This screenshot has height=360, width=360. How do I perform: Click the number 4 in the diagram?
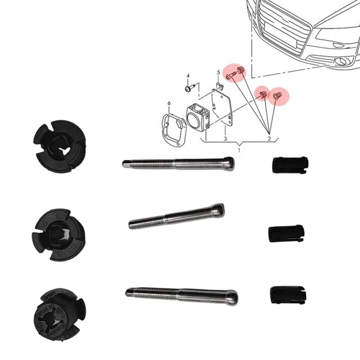(x=188, y=76)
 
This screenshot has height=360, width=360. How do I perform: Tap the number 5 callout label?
(x=219, y=73)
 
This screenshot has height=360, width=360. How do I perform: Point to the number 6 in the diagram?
(x=169, y=103)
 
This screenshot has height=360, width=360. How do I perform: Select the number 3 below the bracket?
(x=226, y=139)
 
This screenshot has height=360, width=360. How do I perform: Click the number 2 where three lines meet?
(x=269, y=138)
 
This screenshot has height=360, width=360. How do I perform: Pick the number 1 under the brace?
(x=239, y=150)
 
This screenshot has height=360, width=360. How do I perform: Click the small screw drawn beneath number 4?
(x=190, y=88)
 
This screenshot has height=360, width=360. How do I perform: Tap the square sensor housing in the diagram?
(x=197, y=118)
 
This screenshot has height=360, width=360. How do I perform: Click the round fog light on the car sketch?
(x=341, y=61)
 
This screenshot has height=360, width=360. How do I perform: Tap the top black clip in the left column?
(x=60, y=146)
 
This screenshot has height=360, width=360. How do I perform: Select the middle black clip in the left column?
(x=58, y=235)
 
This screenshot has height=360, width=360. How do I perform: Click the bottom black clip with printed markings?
(x=60, y=314)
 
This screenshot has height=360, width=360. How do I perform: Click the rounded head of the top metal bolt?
(x=229, y=163)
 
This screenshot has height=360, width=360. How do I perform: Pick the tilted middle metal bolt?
(x=176, y=216)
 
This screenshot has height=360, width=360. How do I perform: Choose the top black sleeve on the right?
(x=290, y=165)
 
